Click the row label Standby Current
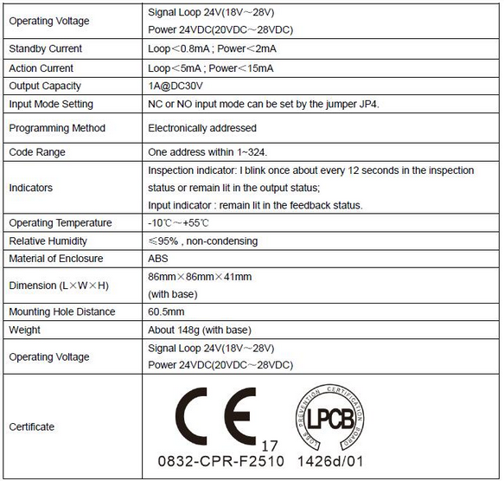46,49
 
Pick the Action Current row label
41,67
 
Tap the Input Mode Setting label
51,104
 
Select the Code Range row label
37,152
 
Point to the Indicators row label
31,188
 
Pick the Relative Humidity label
48,241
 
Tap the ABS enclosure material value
159,259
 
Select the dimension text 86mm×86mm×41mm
200,277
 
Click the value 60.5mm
168,312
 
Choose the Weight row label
24,330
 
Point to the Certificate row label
32,427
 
